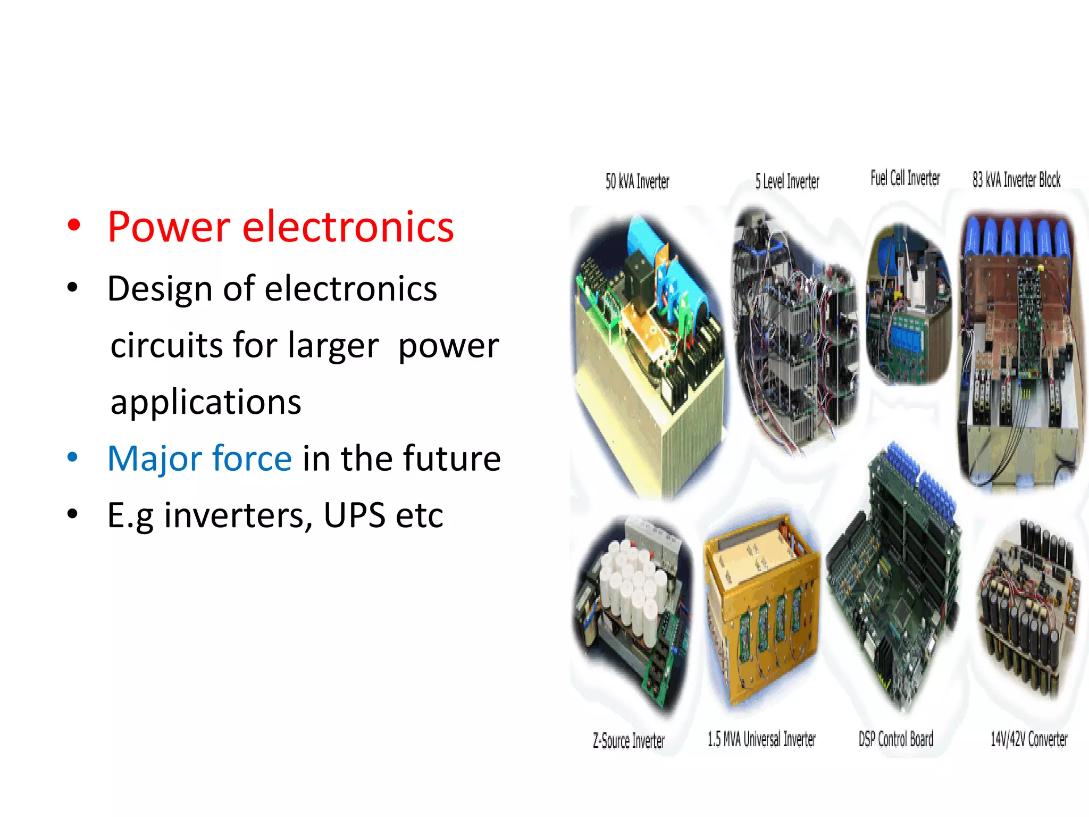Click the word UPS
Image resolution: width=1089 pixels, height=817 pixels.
click(x=354, y=515)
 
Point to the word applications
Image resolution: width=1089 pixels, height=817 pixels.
click(x=206, y=402)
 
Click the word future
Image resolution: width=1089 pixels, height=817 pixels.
click(x=451, y=458)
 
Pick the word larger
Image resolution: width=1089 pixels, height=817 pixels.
click(x=333, y=346)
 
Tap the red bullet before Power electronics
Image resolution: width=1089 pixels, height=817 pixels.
click(x=74, y=226)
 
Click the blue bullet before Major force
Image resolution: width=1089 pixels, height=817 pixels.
click(x=73, y=457)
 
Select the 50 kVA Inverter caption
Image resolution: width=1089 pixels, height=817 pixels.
click(x=637, y=182)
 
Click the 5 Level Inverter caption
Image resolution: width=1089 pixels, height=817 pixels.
click(x=787, y=182)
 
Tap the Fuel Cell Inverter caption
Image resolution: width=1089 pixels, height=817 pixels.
click(x=905, y=178)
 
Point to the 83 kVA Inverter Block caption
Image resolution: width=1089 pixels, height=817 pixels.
click(x=1016, y=180)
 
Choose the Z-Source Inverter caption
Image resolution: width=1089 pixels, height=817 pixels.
click(x=629, y=740)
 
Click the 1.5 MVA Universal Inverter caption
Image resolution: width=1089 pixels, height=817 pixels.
click(x=761, y=739)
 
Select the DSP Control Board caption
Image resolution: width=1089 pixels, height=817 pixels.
click(x=895, y=739)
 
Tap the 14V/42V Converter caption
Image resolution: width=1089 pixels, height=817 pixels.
click(x=1028, y=739)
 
